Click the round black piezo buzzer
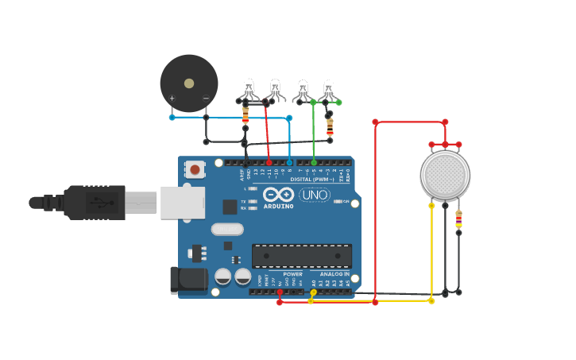188,83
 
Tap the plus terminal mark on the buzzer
172,99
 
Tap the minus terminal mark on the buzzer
206,99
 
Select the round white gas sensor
445,175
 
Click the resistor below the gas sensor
458,220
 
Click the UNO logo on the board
315,195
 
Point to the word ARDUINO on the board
278,207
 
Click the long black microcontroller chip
301,256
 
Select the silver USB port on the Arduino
182,203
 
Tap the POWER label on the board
292,274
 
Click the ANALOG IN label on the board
334,274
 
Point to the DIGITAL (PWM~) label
312,180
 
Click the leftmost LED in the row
248,89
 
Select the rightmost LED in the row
328,89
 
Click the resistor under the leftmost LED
245,116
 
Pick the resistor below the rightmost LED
330,126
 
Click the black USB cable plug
95,203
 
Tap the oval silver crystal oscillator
227,229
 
